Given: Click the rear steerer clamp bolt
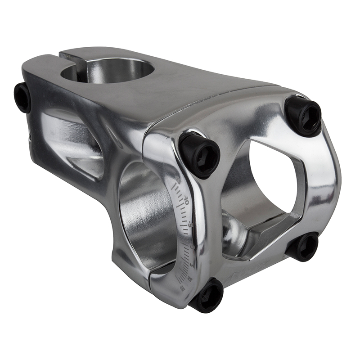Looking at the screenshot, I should pyautogui.click(x=22, y=97).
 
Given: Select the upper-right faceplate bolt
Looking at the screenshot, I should pyautogui.click(x=303, y=115).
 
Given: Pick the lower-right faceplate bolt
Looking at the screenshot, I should pyautogui.click(x=303, y=246).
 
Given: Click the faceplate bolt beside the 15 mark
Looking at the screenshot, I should pyautogui.click(x=207, y=296).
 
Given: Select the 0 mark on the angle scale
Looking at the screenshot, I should pyautogui.click(x=192, y=247).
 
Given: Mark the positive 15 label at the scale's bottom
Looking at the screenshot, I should pyautogui.click(x=183, y=288).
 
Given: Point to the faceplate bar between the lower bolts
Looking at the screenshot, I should pyautogui.click(x=256, y=274).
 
